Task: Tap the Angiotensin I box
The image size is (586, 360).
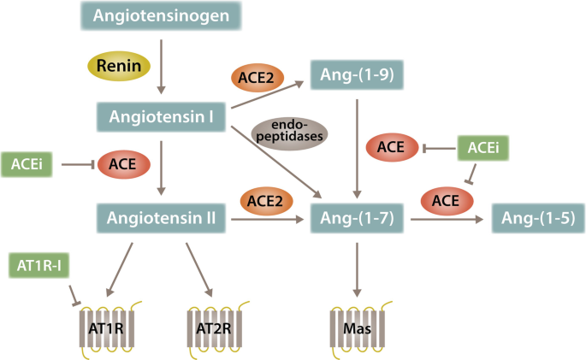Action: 161,115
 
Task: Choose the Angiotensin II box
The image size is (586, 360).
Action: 161,220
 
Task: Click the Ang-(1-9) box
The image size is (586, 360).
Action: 355,74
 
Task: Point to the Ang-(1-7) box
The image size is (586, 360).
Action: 355,221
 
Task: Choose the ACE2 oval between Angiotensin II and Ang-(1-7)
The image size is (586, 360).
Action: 265,200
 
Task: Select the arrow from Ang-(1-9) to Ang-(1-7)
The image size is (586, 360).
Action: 356,145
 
